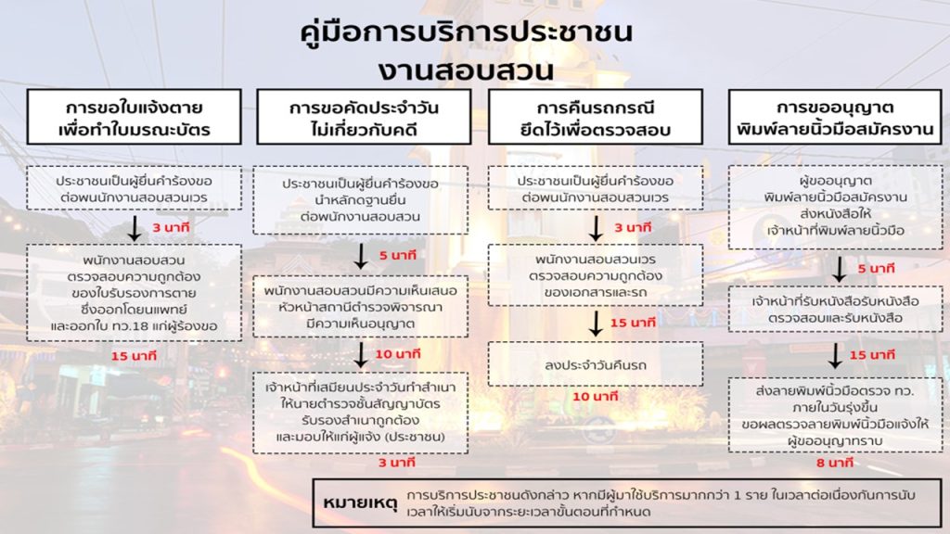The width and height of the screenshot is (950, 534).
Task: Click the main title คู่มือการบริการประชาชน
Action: pyautogui.click(x=468, y=33)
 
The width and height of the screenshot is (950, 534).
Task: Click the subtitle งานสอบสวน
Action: pyautogui.click(x=467, y=70)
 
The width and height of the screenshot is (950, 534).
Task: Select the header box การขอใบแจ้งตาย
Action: pyautogui.click(x=133, y=117)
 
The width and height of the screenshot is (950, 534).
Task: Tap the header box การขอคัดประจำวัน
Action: pyautogui.click(x=363, y=117)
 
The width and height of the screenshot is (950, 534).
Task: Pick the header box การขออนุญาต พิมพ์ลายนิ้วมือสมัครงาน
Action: pyautogui.click(x=835, y=117)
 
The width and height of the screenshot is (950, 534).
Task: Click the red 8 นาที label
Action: pyautogui.click(x=835, y=461)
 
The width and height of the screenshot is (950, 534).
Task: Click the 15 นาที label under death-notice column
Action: pyautogui.click(x=132, y=356)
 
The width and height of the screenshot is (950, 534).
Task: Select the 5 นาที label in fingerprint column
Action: pyautogui.click(x=876, y=269)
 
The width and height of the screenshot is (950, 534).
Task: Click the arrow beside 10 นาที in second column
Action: pyautogui.click(x=361, y=353)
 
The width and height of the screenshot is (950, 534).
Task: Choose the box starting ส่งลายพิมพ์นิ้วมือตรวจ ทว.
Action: pyautogui.click(x=835, y=413)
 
